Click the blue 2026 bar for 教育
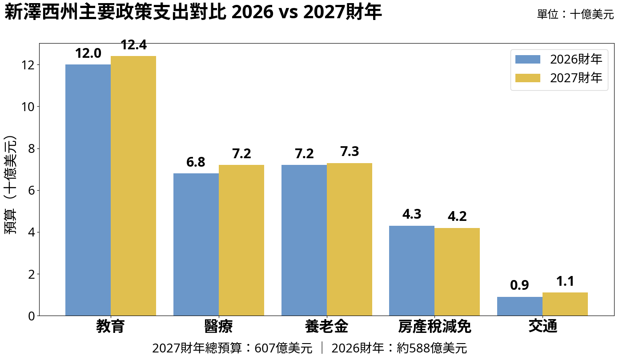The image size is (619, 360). (88, 190)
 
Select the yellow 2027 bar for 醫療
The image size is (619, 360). (241, 240)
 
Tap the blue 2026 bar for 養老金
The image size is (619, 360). (304, 240)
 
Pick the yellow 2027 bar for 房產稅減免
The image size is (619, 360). (457, 272)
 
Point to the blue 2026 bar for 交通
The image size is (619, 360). (520, 306)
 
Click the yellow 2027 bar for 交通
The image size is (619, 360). (565, 304)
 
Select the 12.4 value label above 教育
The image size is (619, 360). (133, 45)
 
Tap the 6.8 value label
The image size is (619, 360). (196, 162)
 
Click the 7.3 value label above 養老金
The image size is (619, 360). (350, 152)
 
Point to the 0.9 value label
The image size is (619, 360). (519, 285)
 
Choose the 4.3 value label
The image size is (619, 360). (412, 214)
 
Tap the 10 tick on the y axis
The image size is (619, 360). (28, 107)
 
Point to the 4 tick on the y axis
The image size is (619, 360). (31, 232)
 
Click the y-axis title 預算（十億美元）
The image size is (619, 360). (11, 184)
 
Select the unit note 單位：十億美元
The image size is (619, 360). (575, 15)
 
